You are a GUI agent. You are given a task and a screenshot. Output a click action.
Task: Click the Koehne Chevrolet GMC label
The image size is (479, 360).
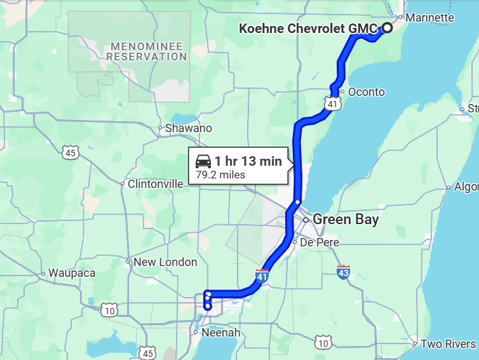(x=307, y=29)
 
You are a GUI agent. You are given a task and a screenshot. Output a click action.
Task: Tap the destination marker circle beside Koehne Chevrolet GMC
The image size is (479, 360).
(x=386, y=28)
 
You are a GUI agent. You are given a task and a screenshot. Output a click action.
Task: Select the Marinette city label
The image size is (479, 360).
(x=429, y=17)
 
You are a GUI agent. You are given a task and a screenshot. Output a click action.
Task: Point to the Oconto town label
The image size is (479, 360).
(x=367, y=92)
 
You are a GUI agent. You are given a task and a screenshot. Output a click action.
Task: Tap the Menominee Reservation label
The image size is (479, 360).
(x=147, y=51)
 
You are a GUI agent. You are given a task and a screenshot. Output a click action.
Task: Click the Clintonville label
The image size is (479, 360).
(x=155, y=183)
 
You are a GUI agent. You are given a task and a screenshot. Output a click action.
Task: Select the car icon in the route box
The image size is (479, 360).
(x=203, y=161)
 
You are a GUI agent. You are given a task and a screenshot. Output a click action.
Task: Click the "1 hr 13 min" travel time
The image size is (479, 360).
(x=248, y=161)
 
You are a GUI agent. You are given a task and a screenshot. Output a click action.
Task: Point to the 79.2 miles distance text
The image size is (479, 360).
(x=220, y=175)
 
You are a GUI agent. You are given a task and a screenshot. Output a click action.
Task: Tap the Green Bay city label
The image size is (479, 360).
(x=346, y=220)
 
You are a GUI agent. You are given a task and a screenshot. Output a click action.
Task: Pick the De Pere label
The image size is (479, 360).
(x=320, y=243)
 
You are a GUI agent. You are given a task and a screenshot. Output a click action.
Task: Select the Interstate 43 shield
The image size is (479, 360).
(x=344, y=272)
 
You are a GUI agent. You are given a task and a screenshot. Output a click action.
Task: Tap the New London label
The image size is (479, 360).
(x=165, y=262)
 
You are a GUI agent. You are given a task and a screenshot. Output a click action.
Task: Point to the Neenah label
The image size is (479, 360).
(x=220, y=332)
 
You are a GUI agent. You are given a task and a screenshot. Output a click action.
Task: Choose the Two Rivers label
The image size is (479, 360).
(x=449, y=343)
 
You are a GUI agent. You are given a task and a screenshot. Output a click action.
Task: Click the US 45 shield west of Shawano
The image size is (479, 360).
(x=71, y=152)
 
